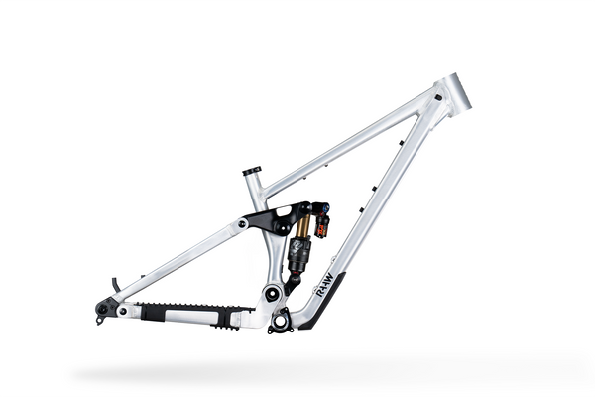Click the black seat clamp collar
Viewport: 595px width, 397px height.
252,171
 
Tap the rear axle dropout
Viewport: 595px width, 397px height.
102,309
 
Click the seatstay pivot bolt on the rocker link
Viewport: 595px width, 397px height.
245,225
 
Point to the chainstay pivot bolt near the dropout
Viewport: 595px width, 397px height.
122,311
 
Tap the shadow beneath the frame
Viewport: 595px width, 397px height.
297,371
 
